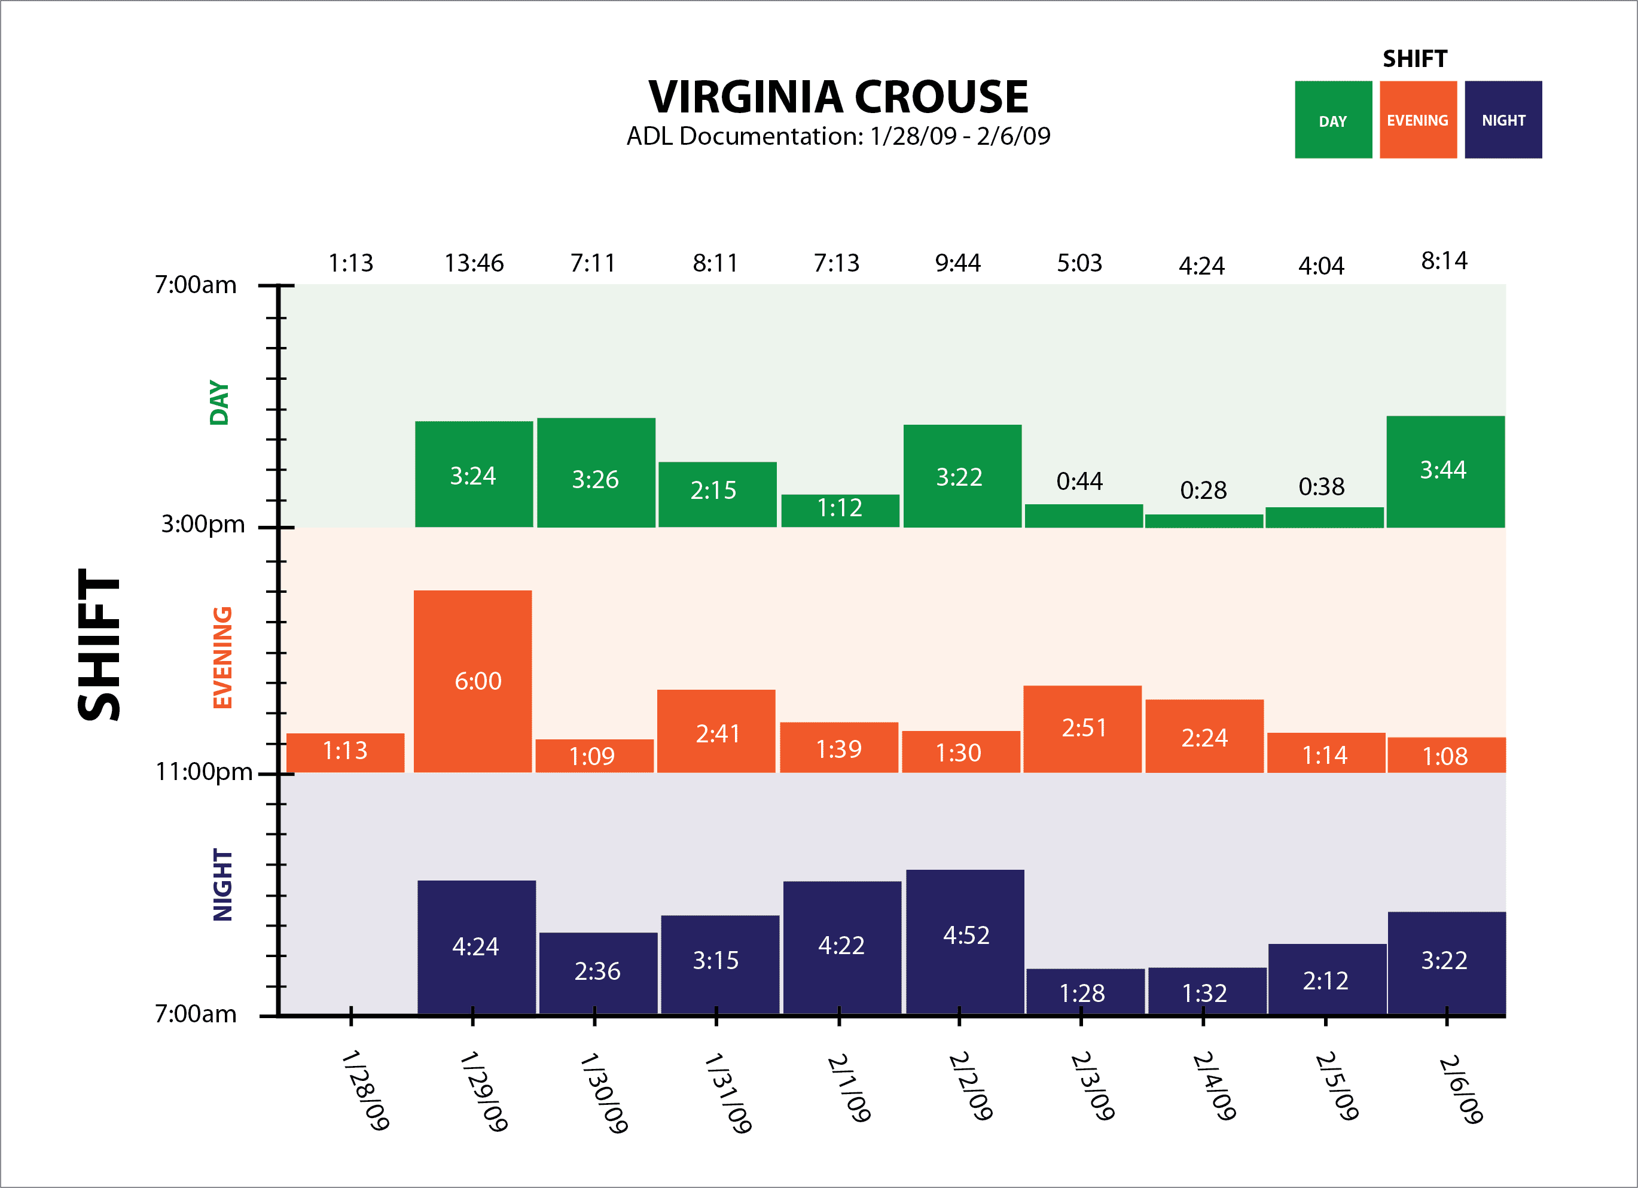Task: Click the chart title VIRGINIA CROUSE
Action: point(838,97)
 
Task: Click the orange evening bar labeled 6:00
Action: point(473,681)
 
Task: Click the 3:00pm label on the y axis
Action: point(203,524)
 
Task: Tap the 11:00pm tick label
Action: point(205,772)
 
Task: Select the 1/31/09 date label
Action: point(727,1092)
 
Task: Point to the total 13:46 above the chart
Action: point(474,263)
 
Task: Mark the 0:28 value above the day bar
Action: point(1203,491)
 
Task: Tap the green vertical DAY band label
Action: point(219,403)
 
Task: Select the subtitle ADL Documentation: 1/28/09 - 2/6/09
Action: point(838,136)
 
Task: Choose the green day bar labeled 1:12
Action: point(840,510)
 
